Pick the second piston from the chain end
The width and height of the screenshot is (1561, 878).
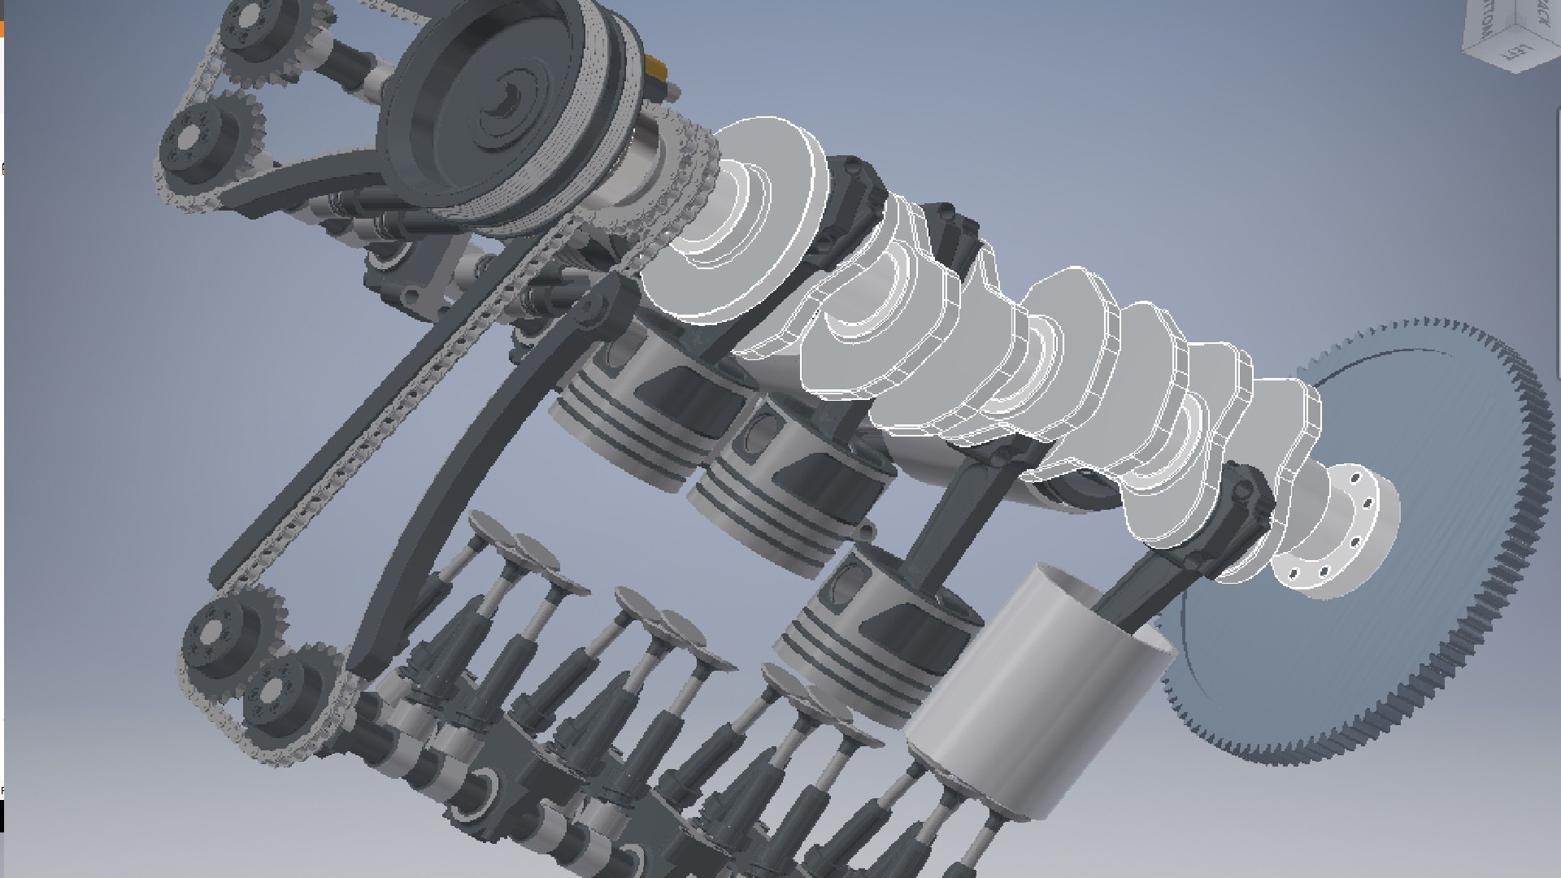click(780, 472)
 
